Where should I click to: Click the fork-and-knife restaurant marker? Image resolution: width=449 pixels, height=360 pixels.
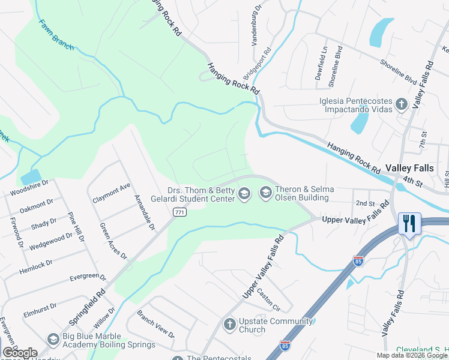409,224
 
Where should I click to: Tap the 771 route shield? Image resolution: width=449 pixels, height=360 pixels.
179,212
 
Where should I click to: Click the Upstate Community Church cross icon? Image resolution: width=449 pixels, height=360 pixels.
229,325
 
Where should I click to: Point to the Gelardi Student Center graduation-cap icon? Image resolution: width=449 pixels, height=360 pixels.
244,193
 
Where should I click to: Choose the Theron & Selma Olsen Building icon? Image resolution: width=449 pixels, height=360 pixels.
265,193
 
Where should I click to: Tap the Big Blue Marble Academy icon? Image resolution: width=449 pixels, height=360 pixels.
53,340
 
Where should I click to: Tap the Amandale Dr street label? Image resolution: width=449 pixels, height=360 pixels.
144,213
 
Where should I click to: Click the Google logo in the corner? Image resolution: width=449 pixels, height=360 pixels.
20,352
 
